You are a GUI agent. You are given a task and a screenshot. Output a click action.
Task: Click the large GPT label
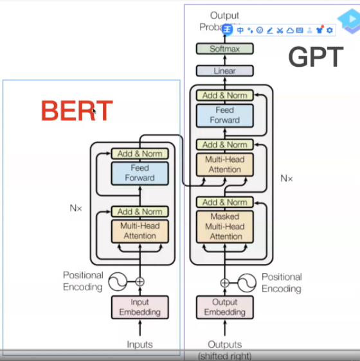[x=315, y=58]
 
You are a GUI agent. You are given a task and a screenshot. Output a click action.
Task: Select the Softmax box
[x=224, y=49]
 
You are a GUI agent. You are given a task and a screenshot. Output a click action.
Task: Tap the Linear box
[x=224, y=71]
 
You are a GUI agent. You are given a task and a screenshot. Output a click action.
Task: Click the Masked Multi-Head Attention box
[x=224, y=227]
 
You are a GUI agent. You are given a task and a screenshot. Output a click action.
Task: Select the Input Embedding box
[x=139, y=307]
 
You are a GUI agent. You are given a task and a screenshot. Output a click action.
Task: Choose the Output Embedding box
[x=224, y=307]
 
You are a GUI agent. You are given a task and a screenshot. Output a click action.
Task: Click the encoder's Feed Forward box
[x=139, y=173]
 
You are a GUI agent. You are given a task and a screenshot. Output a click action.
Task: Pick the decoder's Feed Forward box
[x=224, y=115]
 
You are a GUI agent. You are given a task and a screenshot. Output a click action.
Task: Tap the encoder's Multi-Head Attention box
[x=139, y=231]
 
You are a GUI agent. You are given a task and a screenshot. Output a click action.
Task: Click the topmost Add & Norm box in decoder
[x=224, y=95]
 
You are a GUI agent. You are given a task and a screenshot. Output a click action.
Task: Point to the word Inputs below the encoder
[x=139, y=345]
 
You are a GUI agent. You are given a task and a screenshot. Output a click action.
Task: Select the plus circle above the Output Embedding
[x=224, y=282]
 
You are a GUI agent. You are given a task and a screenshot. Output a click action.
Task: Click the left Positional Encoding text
[x=82, y=281]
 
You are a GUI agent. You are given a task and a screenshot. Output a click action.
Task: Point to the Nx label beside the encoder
[x=76, y=208]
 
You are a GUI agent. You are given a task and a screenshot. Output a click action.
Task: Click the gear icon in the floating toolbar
[x=330, y=30]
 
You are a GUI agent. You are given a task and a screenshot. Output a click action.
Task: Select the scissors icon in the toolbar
[x=280, y=30]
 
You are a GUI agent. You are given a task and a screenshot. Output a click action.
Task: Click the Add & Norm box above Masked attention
[x=224, y=202]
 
